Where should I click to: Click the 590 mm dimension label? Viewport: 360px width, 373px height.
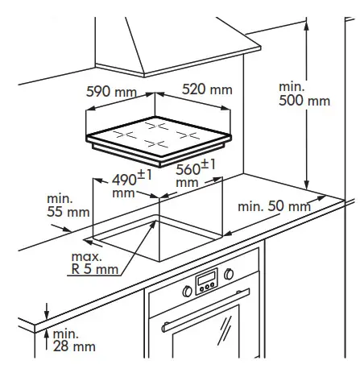click(110, 90)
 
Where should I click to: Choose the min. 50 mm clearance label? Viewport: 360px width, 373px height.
click(274, 207)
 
